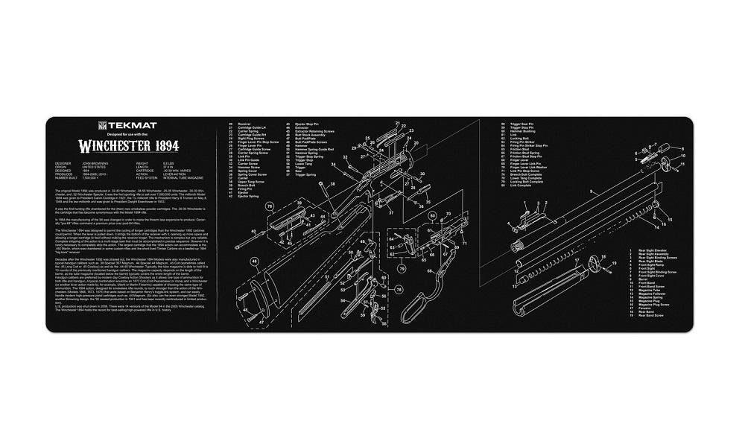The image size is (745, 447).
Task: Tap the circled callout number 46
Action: click(x=254, y=261)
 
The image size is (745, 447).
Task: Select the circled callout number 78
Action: click(x=399, y=288)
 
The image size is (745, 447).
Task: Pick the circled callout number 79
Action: click(x=402, y=268)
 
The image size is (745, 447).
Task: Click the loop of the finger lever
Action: click(x=415, y=302)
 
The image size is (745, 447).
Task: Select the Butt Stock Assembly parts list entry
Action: click(x=307, y=135)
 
